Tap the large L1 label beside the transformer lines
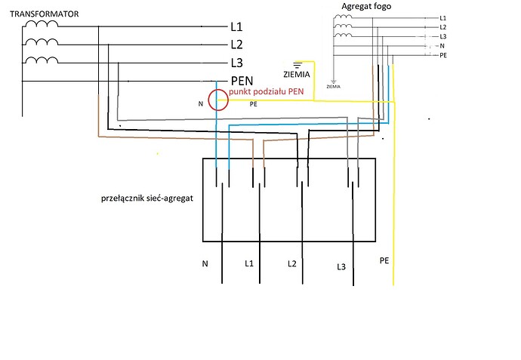[x=236, y=27]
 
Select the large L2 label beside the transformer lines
[x=236, y=45]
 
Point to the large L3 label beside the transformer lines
[x=236, y=63]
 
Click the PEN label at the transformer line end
[x=242, y=81]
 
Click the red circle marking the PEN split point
[x=217, y=99]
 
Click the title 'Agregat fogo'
[x=366, y=7]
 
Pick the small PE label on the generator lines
[x=443, y=56]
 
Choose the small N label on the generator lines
[x=442, y=46]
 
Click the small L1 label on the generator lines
[x=442, y=17]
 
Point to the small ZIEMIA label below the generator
[x=333, y=86]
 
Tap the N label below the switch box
[x=205, y=263]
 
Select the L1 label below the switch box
[x=249, y=263]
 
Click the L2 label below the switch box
[x=292, y=263]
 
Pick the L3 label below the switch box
[x=341, y=267]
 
